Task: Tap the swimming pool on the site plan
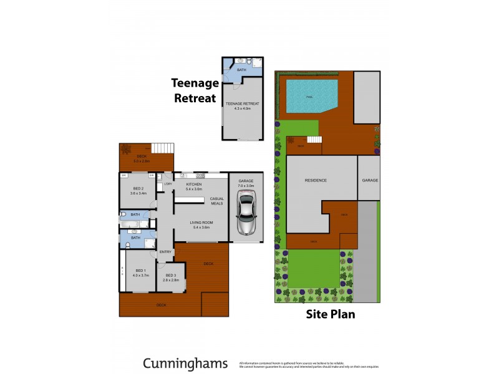tap(310, 96)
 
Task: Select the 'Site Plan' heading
tap(330, 314)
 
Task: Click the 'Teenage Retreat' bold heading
tap(195, 90)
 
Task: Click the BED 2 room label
tap(138, 189)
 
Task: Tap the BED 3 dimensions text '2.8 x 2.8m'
tap(171, 280)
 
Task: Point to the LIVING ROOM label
tap(201, 223)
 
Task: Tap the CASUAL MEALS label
tap(216, 201)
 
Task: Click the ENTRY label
tap(165, 252)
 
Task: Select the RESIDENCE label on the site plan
tap(316, 180)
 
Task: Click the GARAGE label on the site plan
tap(370, 180)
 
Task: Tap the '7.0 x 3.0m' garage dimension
tap(246, 186)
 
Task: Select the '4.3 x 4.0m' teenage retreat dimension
tap(242, 108)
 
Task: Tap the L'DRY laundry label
tap(168, 185)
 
